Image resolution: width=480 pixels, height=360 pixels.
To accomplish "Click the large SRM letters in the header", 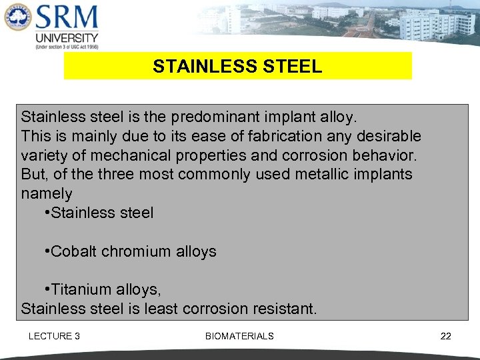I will [66, 17].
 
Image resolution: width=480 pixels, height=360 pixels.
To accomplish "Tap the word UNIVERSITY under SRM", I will [67, 37].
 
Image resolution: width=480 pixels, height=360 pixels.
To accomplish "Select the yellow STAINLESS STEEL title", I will [237, 67].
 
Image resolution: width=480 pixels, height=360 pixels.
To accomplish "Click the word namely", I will [47, 194].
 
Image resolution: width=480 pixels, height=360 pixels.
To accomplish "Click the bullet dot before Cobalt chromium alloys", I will [46, 252].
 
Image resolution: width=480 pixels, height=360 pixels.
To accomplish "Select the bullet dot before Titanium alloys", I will [46, 290].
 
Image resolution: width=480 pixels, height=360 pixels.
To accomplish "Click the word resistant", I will [285, 309].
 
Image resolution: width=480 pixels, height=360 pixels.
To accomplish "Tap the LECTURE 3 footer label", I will [54, 336].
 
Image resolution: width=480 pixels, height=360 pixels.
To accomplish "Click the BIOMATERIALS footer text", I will [239, 336].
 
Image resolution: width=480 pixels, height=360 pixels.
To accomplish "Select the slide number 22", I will [445, 336].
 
